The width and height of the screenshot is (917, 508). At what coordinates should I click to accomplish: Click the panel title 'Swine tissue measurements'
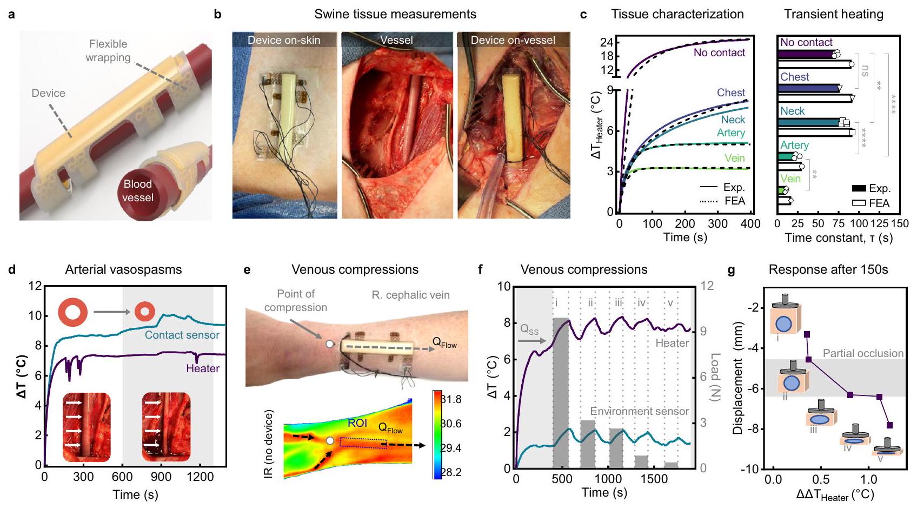[x=395, y=14]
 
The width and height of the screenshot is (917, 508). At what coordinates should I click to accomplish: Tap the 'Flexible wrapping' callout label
[x=108, y=51]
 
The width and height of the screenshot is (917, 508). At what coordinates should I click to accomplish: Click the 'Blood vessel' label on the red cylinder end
[x=137, y=190]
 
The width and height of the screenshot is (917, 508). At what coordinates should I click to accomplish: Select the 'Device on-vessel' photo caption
[x=513, y=40]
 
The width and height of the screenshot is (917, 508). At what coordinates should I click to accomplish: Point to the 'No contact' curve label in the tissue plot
[x=719, y=52]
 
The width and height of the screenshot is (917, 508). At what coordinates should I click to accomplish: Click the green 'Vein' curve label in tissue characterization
[x=734, y=158]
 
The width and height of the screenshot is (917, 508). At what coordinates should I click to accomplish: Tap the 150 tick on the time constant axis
[x=900, y=223]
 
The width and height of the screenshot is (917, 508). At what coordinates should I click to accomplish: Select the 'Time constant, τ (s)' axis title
[x=839, y=237]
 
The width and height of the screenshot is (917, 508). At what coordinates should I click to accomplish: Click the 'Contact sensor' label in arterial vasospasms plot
[x=182, y=335]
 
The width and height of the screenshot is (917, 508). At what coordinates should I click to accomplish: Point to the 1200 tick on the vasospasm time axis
[x=200, y=477]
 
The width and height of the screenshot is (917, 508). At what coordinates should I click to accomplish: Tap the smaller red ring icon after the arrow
[x=144, y=312]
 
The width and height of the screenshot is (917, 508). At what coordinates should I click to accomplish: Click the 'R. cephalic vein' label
[x=410, y=295]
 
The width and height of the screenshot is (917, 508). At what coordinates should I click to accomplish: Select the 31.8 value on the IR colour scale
[x=451, y=399]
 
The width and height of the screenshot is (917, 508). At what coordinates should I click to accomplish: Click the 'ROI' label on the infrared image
[x=358, y=423]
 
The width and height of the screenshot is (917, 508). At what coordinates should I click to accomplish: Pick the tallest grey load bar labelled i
[x=560, y=393]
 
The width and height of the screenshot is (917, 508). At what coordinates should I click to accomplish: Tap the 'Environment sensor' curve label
[x=639, y=411]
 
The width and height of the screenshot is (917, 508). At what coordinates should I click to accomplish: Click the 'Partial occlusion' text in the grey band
[x=863, y=353]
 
